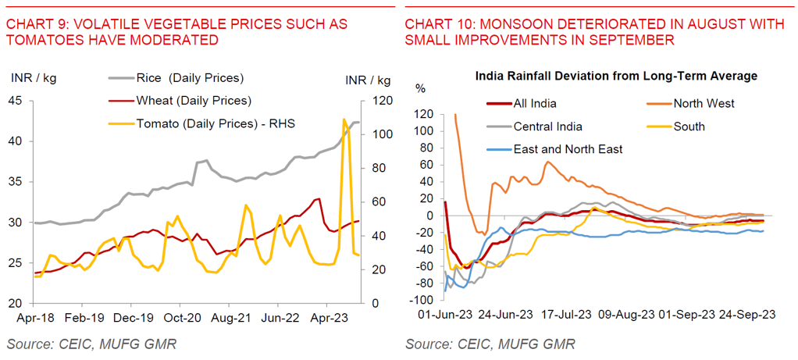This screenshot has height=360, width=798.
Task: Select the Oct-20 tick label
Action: pos(180,318)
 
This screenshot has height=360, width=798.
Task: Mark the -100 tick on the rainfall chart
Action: pos(423,300)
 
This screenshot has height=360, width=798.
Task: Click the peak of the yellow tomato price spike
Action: pos(344,119)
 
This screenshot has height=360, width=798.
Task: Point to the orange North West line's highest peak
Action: pos(455,115)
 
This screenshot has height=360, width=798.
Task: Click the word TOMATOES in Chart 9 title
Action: pos(38,39)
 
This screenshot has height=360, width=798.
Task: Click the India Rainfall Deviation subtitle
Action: pos(616,76)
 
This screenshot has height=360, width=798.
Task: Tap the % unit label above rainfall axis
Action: pos(420,87)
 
